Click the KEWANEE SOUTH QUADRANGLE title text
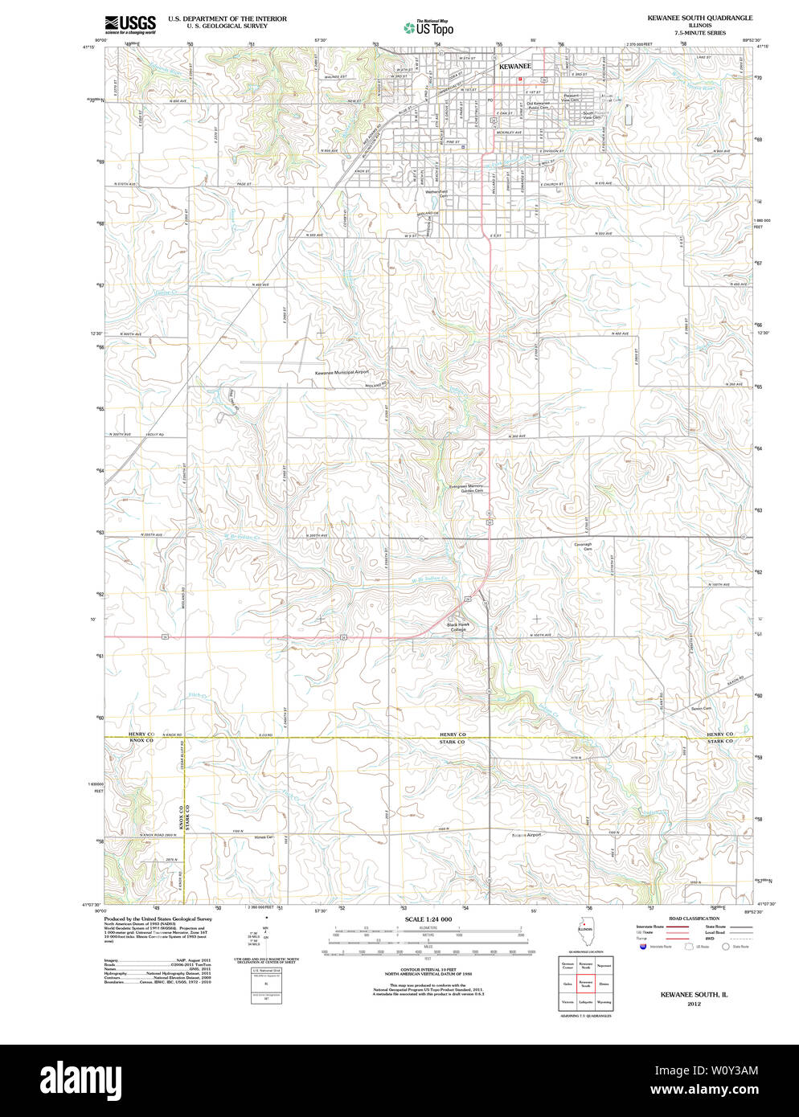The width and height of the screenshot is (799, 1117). pos(699,17)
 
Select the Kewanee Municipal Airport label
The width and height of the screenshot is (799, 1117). pos(342,373)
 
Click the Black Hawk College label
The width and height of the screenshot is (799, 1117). pos(457,627)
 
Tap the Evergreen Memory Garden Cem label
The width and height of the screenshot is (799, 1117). pos(466,488)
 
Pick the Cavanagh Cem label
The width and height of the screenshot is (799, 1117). pos(583,546)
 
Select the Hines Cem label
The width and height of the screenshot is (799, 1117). pos(264,837)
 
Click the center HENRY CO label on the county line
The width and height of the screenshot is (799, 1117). pos(452,734)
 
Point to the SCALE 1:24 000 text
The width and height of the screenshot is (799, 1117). pos(428,919)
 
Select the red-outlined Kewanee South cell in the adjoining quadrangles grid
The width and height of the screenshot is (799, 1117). pos(585,983)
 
